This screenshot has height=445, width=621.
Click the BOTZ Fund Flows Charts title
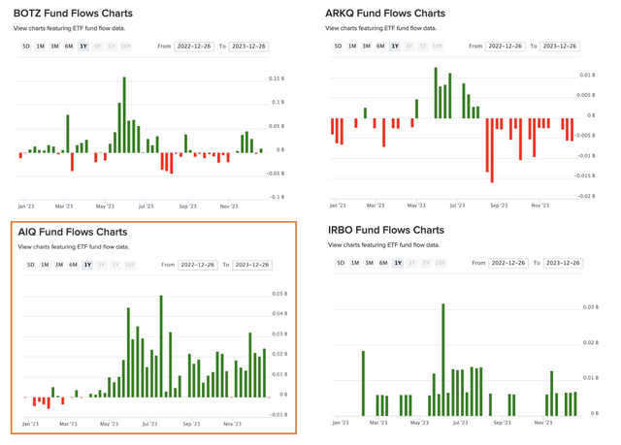point(73,14)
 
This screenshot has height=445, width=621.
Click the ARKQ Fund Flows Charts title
point(385,14)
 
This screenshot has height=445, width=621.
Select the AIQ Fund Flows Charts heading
point(72,233)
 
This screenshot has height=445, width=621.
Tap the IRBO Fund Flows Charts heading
point(385,231)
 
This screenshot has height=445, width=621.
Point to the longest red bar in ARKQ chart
point(492,150)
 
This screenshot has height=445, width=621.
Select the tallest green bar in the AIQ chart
point(161,345)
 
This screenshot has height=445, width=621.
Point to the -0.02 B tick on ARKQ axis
point(586,196)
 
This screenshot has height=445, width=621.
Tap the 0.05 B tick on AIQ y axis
point(279,294)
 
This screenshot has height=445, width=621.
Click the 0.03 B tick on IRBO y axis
point(590,307)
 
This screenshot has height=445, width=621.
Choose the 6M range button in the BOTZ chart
point(69,47)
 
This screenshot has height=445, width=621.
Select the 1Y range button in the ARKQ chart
point(395,47)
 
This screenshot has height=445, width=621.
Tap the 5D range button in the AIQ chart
point(31,265)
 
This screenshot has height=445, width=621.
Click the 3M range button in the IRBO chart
point(369,264)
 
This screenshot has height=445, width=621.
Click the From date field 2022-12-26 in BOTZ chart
point(194,47)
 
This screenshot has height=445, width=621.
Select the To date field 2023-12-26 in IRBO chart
point(563,264)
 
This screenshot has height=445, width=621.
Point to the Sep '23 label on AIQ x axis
point(191,424)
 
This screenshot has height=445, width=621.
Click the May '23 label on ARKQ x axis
point(416,206)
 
